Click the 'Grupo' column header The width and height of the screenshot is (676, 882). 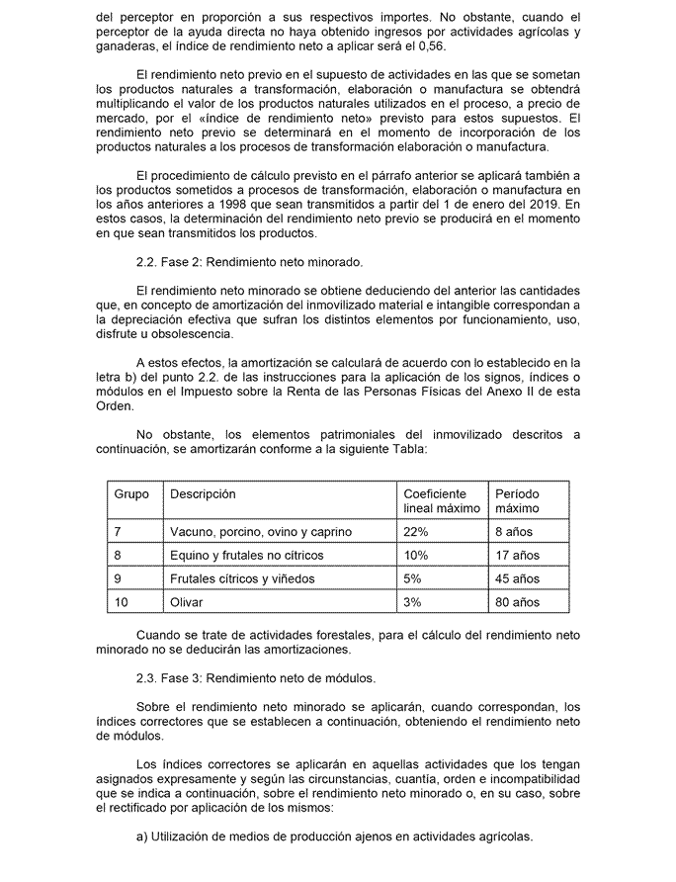tap(131, 493)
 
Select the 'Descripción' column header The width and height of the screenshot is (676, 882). tap(203, 493)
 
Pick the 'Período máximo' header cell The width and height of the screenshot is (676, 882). tap(517, 500)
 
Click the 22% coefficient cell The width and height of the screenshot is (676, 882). tap(416, 531)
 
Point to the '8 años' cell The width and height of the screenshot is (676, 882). tap(516, 531)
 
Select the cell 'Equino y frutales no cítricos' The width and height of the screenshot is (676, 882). tap(246, 555)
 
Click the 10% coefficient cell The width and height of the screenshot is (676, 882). tap(416, 555)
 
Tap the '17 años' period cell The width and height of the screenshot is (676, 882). tap(519, 555)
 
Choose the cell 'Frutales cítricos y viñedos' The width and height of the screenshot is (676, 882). tap(244, 578)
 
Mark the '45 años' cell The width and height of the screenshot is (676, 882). tap(519, 578)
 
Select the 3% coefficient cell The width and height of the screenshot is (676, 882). tap(413, 601)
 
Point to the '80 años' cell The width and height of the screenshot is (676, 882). tap(519, 601)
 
